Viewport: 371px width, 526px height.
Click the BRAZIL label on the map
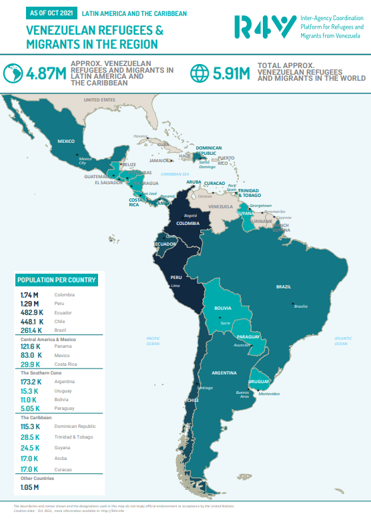(284, 286)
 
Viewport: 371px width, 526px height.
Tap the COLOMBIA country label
(188, 224)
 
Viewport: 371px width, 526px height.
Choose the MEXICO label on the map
(66, 142)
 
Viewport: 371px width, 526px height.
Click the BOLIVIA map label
(223, 308)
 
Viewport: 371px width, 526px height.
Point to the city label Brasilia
(300, 306)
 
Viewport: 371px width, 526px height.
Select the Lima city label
(176, 286)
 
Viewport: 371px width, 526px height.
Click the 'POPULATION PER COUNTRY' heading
(57, 280)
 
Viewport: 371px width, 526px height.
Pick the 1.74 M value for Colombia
(29, 294)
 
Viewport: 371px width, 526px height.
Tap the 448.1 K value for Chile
(31, 321)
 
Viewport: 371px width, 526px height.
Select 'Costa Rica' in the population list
(65, 364)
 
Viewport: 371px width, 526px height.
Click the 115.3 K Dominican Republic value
(31, 426)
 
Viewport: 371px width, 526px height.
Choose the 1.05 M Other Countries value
(30, 487)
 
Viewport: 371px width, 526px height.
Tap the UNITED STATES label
(99, 100)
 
